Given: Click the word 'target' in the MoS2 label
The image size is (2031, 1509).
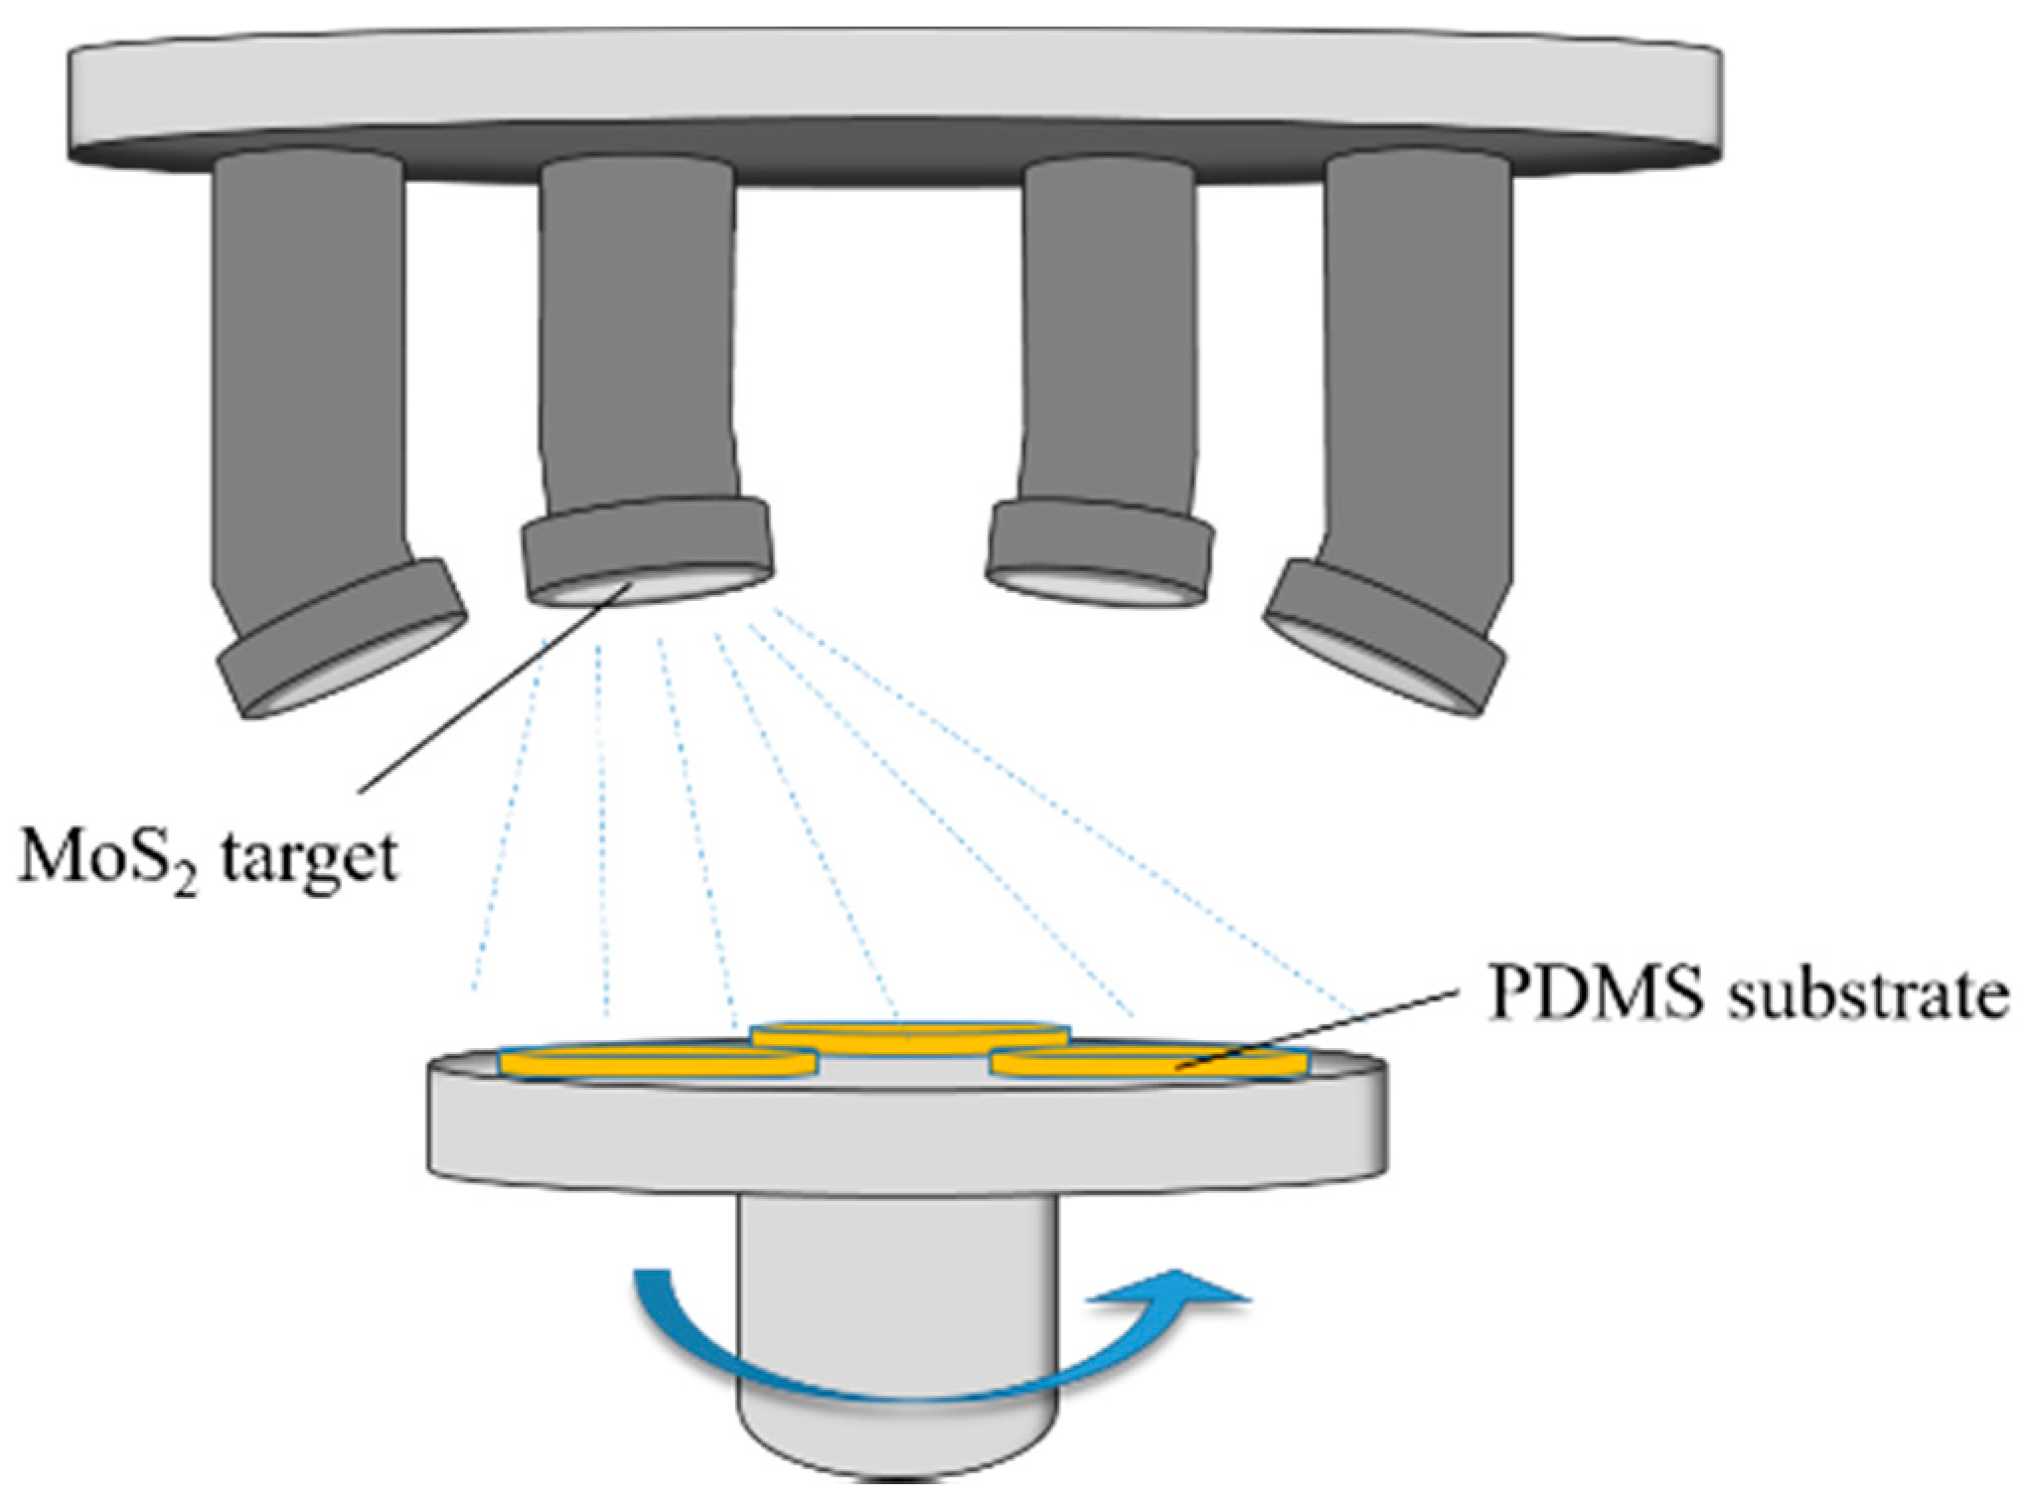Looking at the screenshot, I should pyautogui.click(x=309, y=858).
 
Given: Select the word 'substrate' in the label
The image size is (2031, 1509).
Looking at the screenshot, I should pyautogui.click(x=1869, y=993).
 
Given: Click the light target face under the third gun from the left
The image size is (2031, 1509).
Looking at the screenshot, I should pyautogui.click(x=1098, y=588).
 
